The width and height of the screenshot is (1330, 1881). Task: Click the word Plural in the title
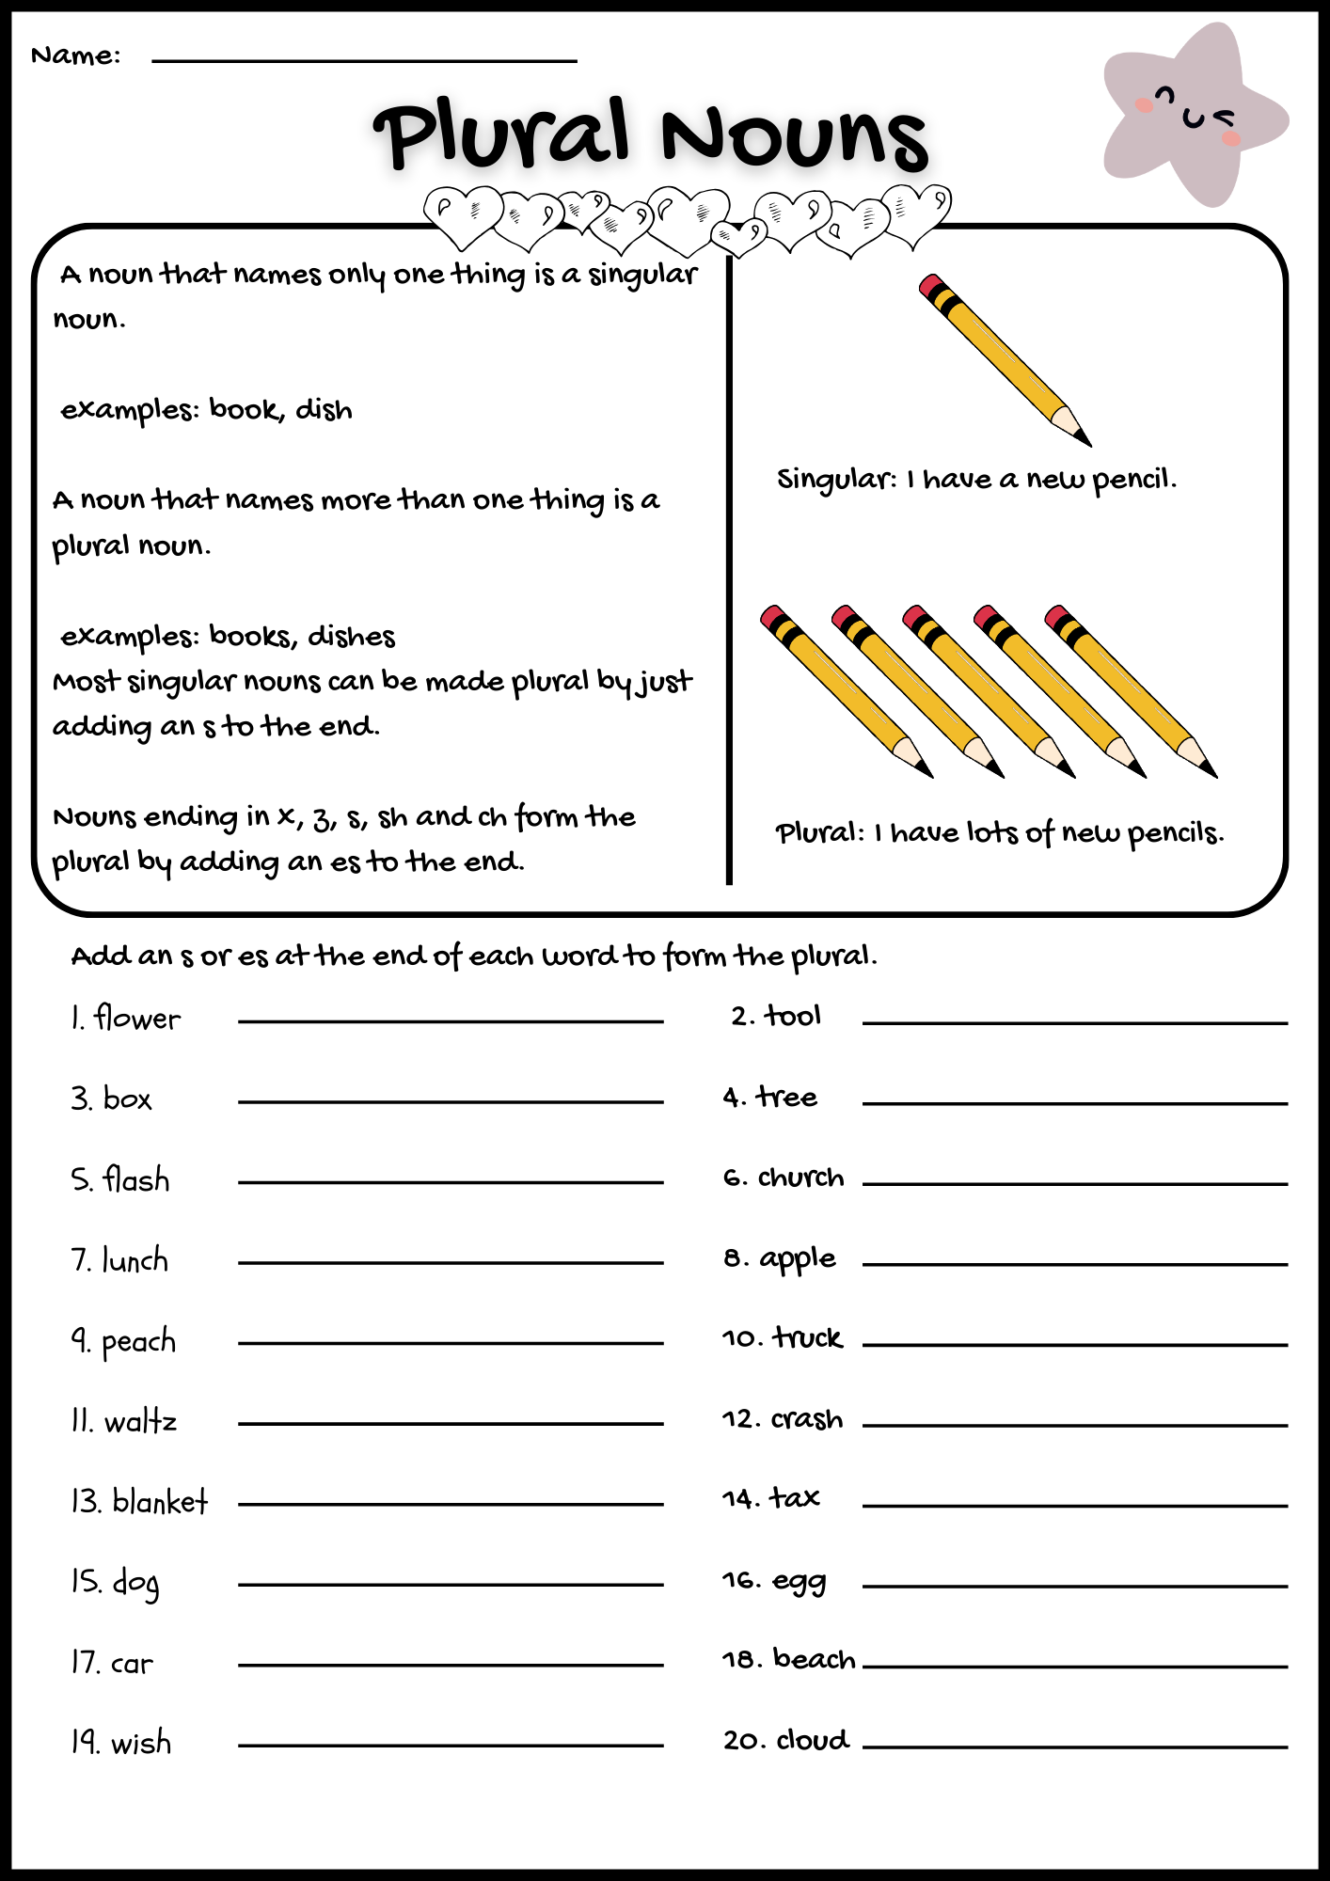[501, 134]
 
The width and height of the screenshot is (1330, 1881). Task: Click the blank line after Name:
[364, 60]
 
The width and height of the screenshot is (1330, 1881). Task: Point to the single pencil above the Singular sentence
[1005, 359]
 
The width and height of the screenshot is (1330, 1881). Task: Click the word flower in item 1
[137, 1019]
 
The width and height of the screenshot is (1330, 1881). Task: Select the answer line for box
[451, 1101]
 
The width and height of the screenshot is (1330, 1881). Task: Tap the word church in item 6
[800, 1178]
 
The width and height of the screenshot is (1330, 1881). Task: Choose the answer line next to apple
[1074, 1264]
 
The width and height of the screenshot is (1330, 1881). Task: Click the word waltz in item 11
[140, 1421]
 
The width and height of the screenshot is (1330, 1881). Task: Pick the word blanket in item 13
[160, 1502]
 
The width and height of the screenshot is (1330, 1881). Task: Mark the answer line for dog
[451, 1585]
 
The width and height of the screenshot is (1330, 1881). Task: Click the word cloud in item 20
[813, 1740]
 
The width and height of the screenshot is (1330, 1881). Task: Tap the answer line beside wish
[451, 1746]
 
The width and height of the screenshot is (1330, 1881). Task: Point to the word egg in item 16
[800, 1582]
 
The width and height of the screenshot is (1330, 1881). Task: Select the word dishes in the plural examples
[352, 637]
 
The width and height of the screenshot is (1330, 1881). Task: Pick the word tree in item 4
[787, 1098]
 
